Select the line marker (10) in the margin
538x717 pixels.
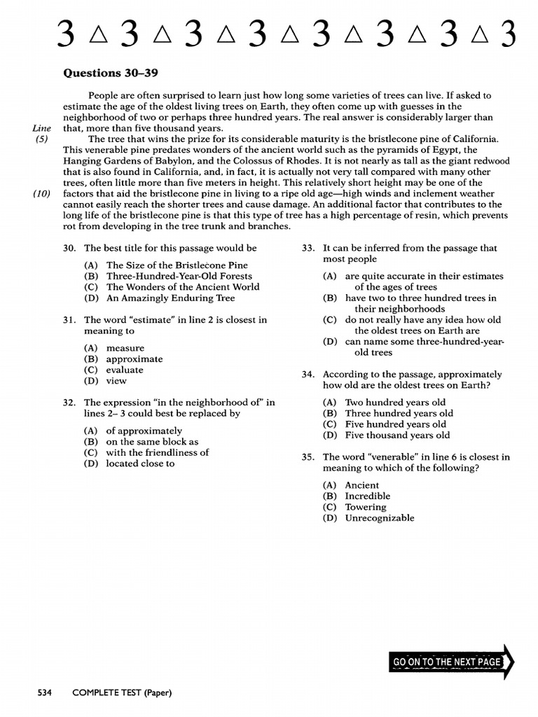pyautogui.click(x=41, y=193)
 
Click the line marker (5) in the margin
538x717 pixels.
pyautogui.click(x=41, y=139)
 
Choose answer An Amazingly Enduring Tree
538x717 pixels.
pyautogui.click(x=170, y=298)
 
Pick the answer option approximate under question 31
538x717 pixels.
pyautogui.click(x=134, y=359)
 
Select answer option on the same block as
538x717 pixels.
pyautogui.click(x=152, y=442)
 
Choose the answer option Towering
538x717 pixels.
pyautogui.click(x=365, y=507)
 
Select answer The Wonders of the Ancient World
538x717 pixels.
pyautogui.click(x=182, y=286)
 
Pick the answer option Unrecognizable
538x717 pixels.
pyautogui.click(x=379, y=518)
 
